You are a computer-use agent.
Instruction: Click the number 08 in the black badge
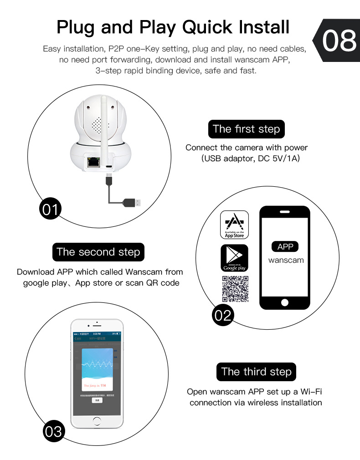tap(339, 41)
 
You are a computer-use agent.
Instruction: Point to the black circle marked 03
tap(54, 430)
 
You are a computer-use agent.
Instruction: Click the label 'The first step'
tap(246, 129)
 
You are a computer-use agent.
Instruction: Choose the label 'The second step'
tap(98, 252)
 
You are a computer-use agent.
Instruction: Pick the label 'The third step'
tap(256, 372)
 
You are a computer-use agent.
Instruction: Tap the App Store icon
tap(234, 225)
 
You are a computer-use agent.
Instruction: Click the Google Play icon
tap(234, 258)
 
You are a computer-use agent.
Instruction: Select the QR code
tap(235, 289)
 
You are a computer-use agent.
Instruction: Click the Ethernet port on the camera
tap(95, 161)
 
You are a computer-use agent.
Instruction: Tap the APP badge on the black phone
tap(285, 246)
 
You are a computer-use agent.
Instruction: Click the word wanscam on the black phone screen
tap(286, 261)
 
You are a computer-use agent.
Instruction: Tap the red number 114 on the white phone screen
tap(103, 385)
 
